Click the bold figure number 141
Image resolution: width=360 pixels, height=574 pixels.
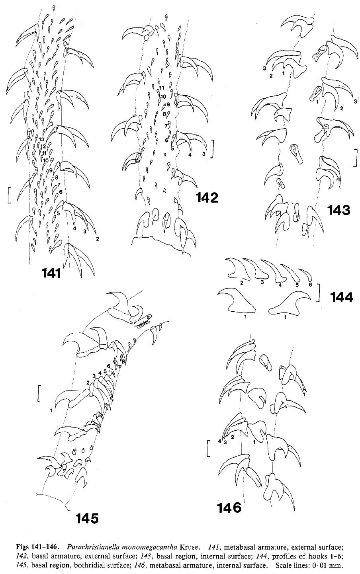coord(51,273)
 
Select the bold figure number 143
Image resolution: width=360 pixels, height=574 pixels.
coord(338,210)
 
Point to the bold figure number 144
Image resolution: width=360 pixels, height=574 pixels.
coord(341,297)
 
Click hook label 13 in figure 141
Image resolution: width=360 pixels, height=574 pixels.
coord(42,139)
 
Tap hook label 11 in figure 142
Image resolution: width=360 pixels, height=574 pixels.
coord(162,88)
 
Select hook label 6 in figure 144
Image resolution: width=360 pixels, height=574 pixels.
coord(311,285)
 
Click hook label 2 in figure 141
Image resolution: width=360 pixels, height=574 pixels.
coord(97,239)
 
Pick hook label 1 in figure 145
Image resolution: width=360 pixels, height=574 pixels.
coord(51,410)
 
